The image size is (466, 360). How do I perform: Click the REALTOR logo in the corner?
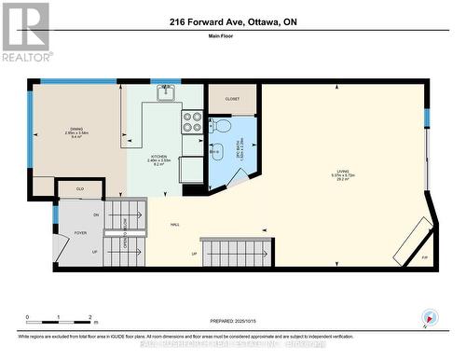point(25,32)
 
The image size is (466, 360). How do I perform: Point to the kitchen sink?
point(165,91)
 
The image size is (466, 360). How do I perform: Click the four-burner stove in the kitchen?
point(191,121)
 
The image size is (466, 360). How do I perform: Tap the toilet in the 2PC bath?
point(221,126)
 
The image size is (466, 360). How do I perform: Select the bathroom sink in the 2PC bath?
point(215,151)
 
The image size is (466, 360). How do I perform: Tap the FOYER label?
point(80,232)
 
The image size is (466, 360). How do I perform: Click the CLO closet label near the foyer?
point(80,187)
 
